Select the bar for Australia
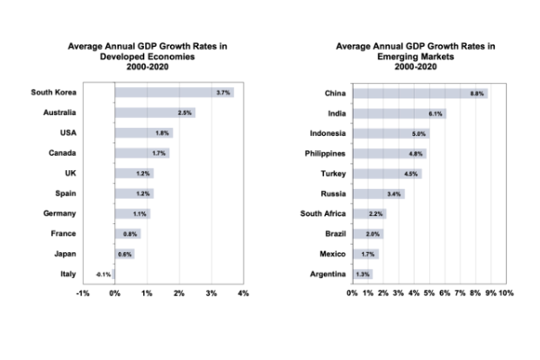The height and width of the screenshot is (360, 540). pyautogui.click(x=153, y=112)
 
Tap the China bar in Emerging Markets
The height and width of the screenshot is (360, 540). pyautogui.click(x=418, y=93)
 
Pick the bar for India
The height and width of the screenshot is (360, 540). pyautogui.click(x=398, y=113)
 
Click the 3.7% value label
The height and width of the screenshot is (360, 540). pyautogui.click(x=223, y=92)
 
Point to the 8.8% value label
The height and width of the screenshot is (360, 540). pyautogui.click(x=477, y=93)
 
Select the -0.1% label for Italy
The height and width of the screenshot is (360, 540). pyautogui.click(x=103, y=274)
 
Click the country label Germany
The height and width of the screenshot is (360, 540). pyautogui.click(x=60, y=213)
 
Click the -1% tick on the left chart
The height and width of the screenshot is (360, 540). pyautogui.click(x=83, y=293)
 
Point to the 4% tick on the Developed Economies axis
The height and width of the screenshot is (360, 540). pyautogui.click(x=243, y=293)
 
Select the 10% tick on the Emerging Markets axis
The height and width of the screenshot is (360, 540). pyautogui.click(x=505, y=293)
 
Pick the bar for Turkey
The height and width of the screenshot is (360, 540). pyautogui.click(x=385, y=173)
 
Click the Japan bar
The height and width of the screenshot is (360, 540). pyautogui.click(x=124, y=254)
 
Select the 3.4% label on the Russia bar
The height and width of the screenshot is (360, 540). pyautogui.click(x=393, y=193)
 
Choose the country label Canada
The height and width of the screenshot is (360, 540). pyautogui.click(x=62, y=153)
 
